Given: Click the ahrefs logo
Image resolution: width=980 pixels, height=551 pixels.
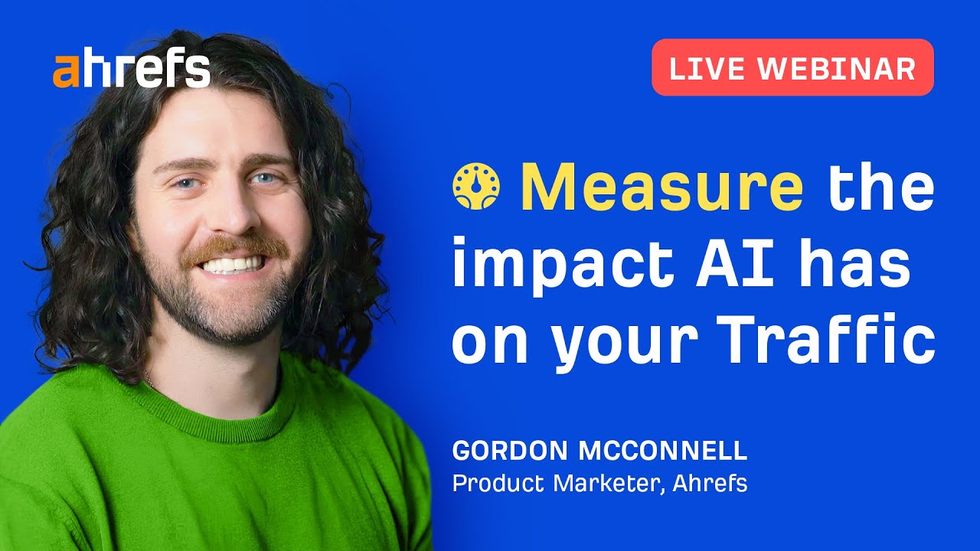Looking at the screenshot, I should pyautogui.click(x=131, y=70).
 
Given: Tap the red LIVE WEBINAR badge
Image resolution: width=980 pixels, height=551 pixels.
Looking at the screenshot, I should pyautogui.click(x=792, y=67).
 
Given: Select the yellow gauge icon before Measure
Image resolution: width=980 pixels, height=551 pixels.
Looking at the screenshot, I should pyautogui.click(x=476, y=187).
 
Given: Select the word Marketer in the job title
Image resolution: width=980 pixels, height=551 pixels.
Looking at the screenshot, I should pyautogui.click(x=609, y=484).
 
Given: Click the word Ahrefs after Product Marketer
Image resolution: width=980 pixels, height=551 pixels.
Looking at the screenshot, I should pyautogui.click(x=710, y=484).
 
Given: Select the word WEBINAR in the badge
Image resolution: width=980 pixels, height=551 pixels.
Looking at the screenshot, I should pyautogui.click(x=837, y=69).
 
